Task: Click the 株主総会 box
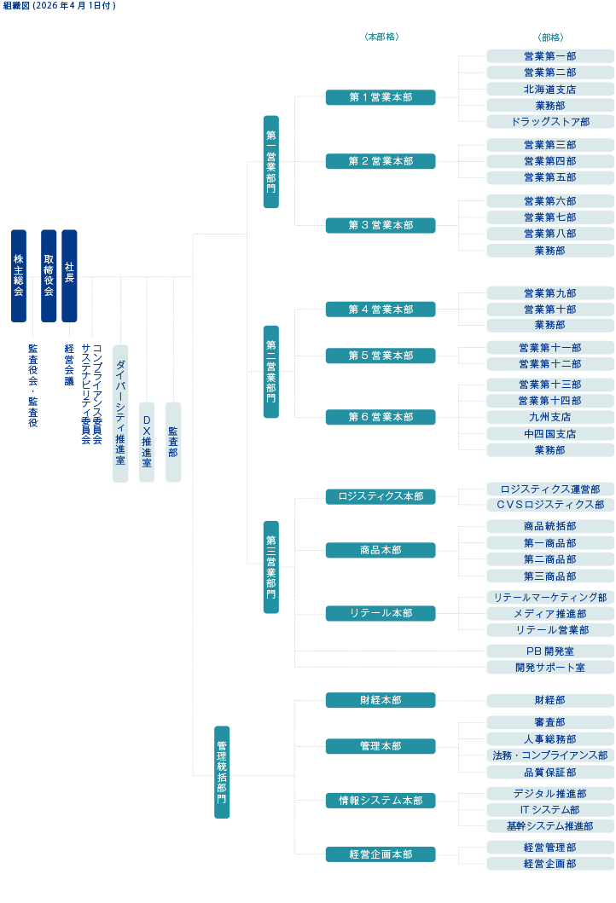coord(18,275)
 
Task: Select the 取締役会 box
coord(49,275)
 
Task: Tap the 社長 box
coord(69,275)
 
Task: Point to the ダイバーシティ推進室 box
coord(120,414)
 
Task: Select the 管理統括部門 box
coord(222,772)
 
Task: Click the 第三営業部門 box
coord(270,566)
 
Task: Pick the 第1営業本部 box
coord(381,97)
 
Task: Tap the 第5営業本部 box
coord(381,356)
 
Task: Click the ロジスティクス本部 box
coord(381,496)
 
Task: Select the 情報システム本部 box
coord(381,801)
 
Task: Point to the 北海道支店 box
coord(550,89)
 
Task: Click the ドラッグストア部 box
coord(550,122)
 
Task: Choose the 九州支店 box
coord(550,417)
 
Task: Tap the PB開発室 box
coord(550,651)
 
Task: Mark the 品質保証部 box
coord(550,773)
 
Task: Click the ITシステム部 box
coord(550,810)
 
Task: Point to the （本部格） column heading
coord(381,38)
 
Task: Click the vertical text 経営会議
coord(69,365)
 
